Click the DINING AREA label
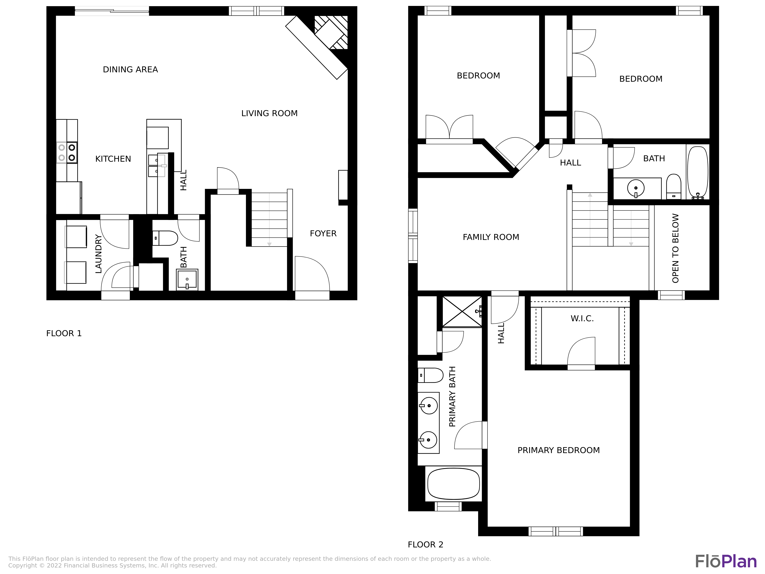coord(130,69)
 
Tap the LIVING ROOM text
coord(269,113)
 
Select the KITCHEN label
coord(113,159)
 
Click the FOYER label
coord(323,234)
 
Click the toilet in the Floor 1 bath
coord(165,238)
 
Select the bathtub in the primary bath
coord(453,484)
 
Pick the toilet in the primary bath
coord(430,375)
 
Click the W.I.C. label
coord(582,319)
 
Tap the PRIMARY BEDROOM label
coord(558,450)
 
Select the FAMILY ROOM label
coord(491,237)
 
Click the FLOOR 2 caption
coord(425,545)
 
